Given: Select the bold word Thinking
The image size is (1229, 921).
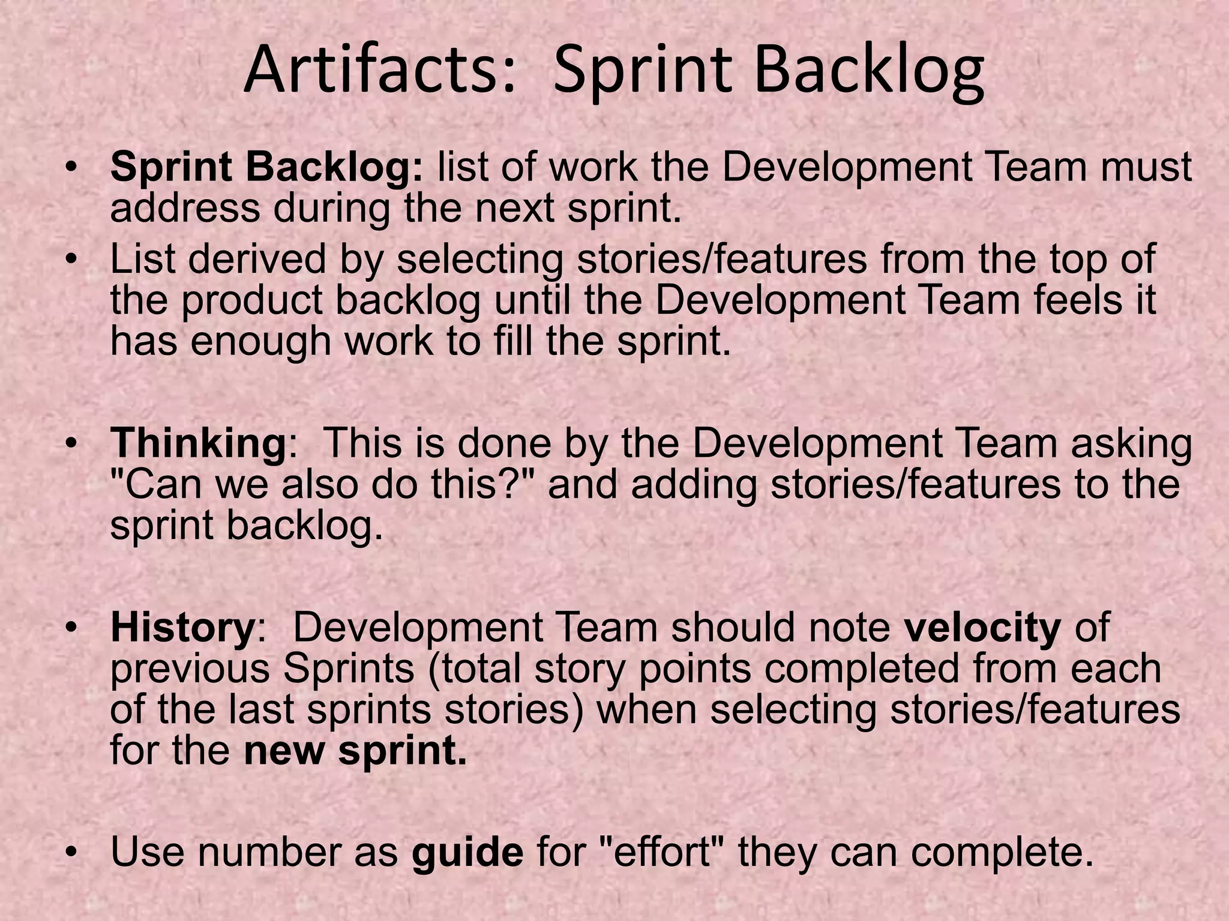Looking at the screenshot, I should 197,444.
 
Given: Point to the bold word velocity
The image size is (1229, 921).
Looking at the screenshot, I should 982,628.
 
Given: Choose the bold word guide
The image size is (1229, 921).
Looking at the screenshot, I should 467,852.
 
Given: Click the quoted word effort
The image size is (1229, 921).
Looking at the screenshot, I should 662,852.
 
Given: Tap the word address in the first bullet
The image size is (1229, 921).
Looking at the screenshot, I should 185,209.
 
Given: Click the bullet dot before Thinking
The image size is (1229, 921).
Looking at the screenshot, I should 73,445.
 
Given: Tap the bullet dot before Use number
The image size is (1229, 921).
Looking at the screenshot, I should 73,852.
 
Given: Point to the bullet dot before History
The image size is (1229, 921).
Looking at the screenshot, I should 73,629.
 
